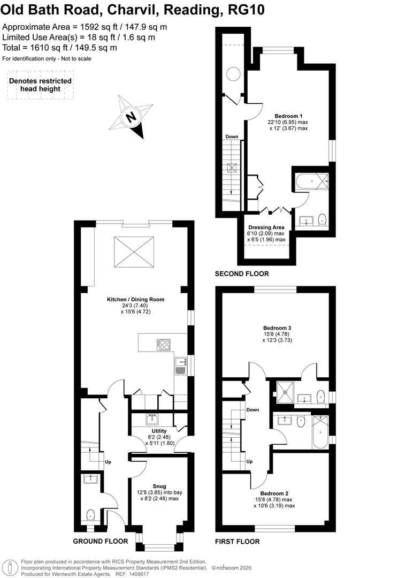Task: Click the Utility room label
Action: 159,431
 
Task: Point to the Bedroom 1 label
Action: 288,116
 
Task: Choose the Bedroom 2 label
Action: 274,493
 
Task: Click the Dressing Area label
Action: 266,227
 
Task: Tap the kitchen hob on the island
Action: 163,345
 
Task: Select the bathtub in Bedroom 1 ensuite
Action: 311,182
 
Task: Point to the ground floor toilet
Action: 90,515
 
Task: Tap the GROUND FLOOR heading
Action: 100,541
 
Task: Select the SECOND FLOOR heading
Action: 242,274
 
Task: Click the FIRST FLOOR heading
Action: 237,541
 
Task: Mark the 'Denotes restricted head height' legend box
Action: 40,85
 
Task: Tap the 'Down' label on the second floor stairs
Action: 231,136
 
